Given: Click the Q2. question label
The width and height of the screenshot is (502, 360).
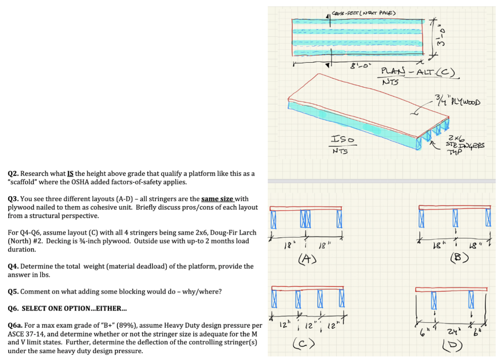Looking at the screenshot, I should (13, 174).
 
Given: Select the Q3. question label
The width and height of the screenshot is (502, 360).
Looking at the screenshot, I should (13, 199).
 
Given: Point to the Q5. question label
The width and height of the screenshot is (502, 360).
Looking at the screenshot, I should (13, 291).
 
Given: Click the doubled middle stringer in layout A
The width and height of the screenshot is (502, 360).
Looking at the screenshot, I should (305, 218).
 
